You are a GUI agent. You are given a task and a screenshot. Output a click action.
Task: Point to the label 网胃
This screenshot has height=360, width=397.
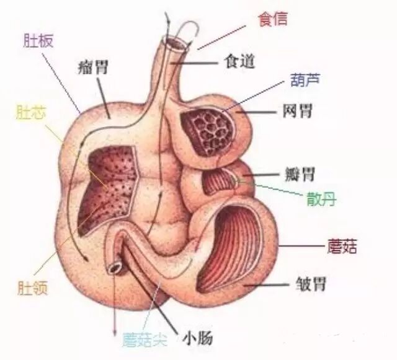298,112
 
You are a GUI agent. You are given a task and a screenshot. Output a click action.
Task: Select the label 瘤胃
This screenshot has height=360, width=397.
94,66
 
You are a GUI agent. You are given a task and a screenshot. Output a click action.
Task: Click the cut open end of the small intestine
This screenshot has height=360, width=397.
115,268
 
